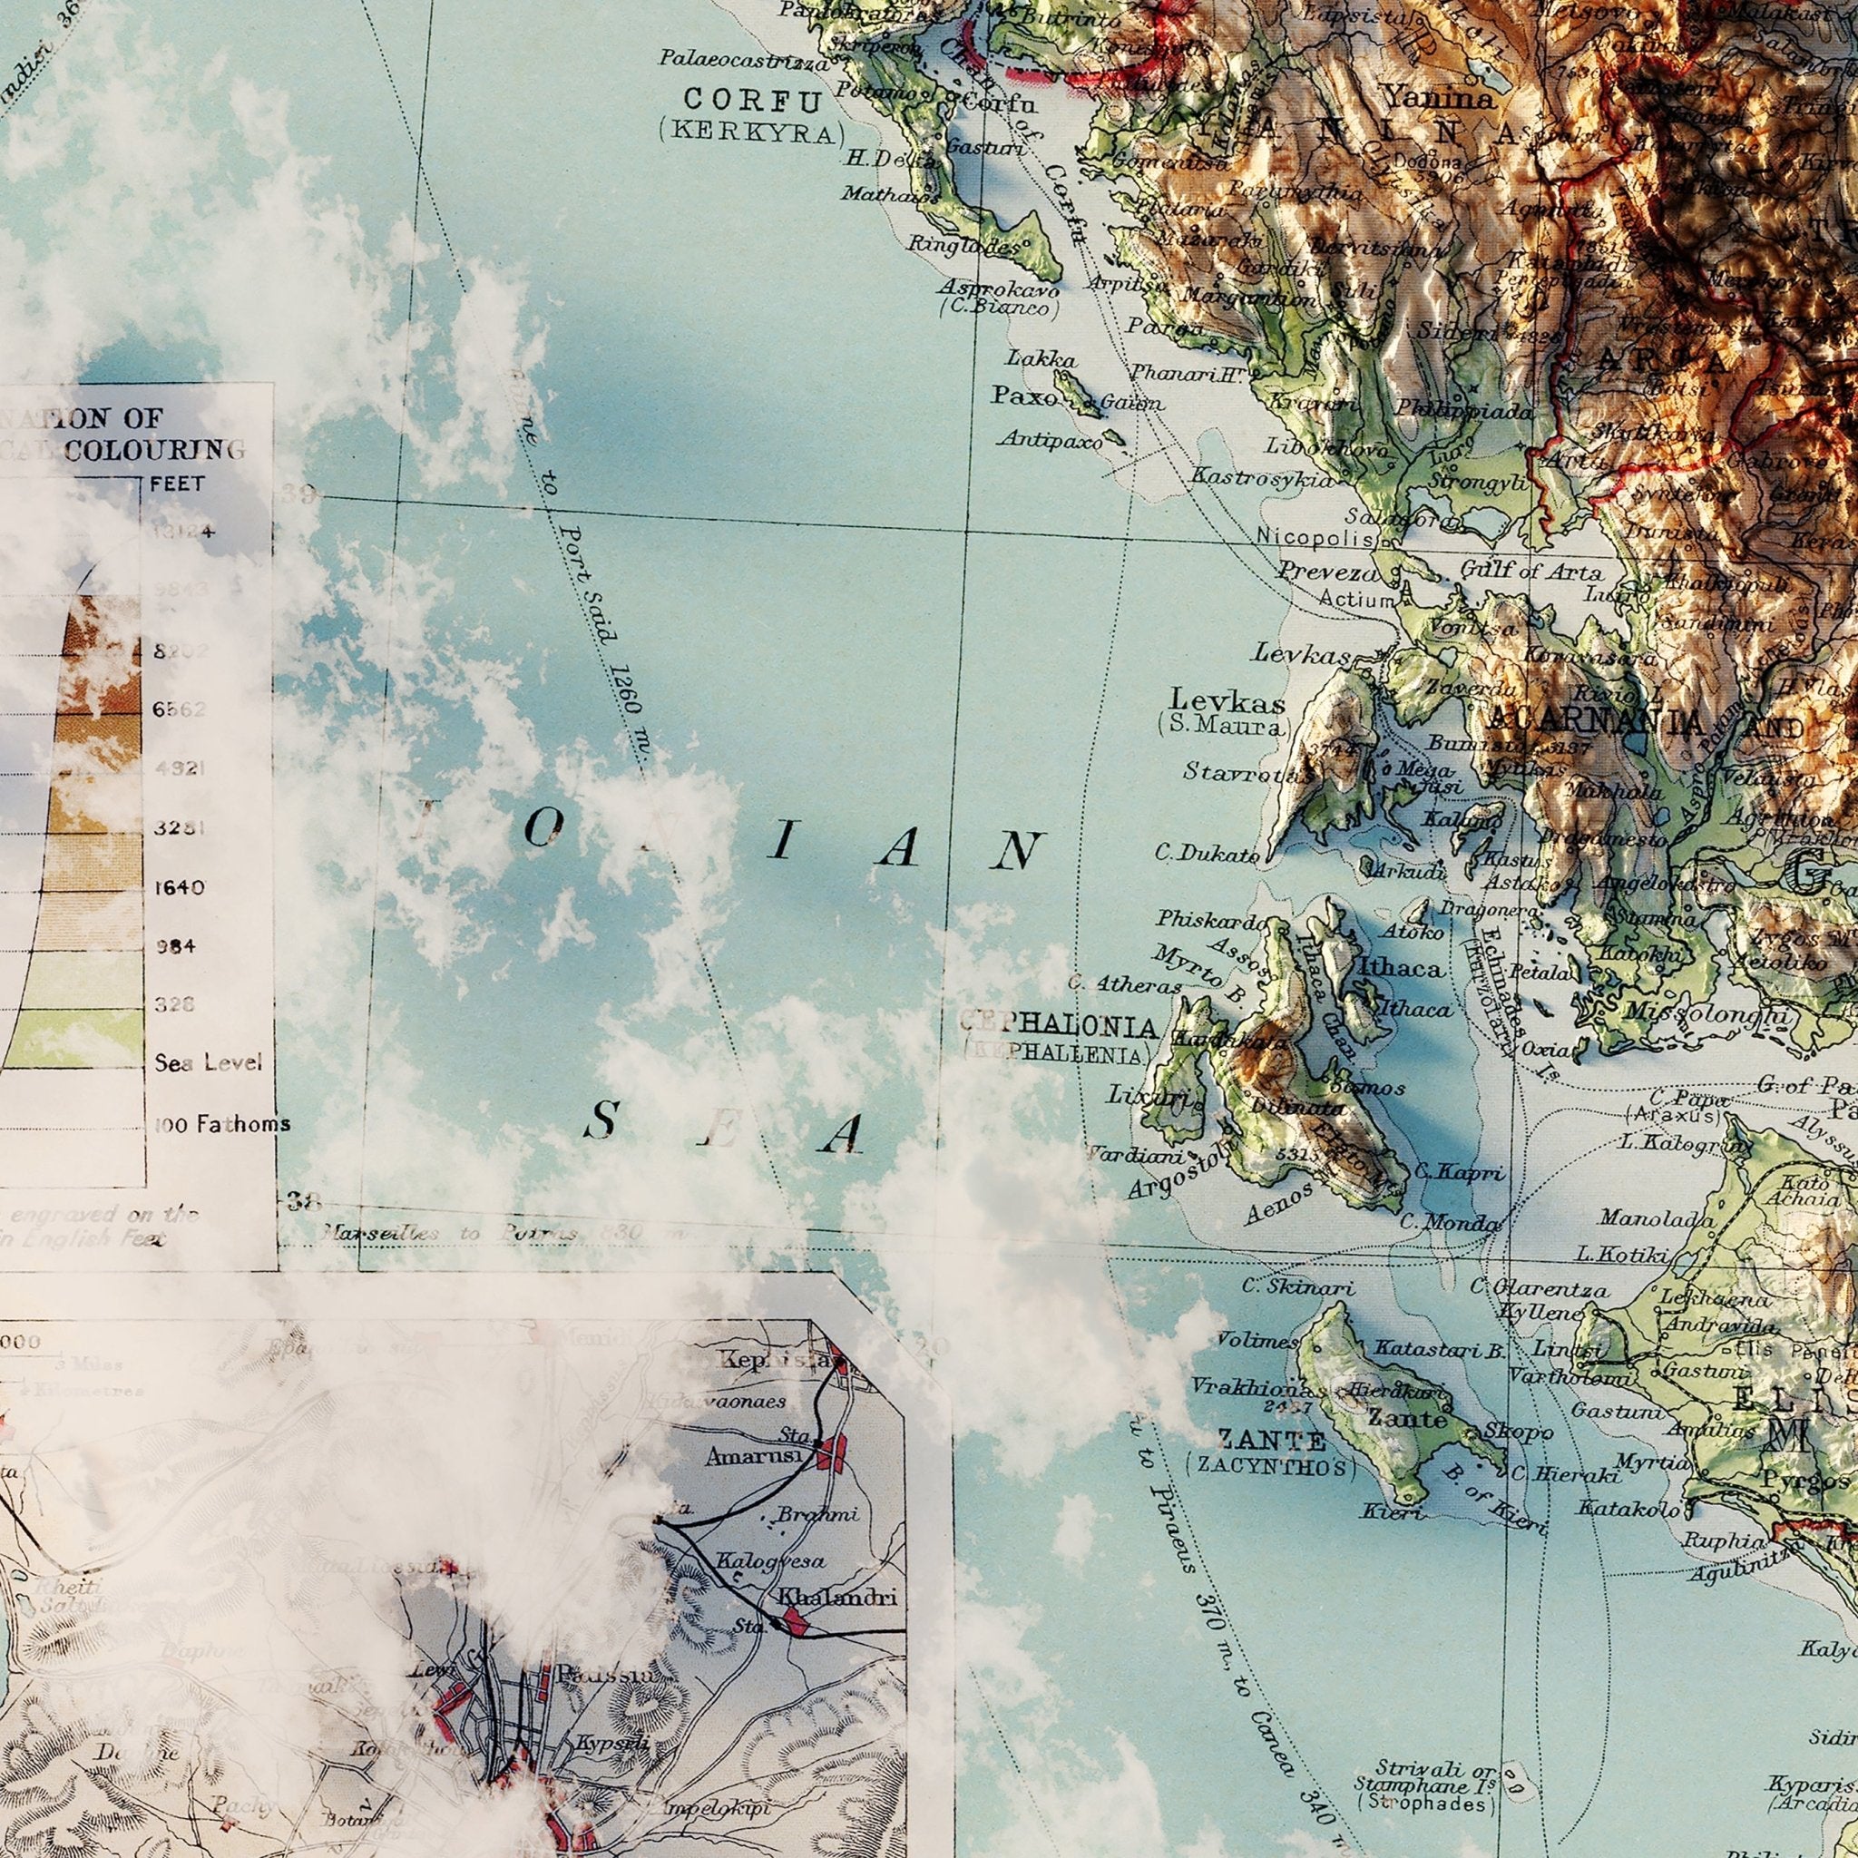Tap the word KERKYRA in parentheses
[751, 132]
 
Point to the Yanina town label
[1439, 97]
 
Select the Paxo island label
[1024, 396]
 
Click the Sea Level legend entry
[208, 1063]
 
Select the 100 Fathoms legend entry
[222, 1123]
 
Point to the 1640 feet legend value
[179, 886]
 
